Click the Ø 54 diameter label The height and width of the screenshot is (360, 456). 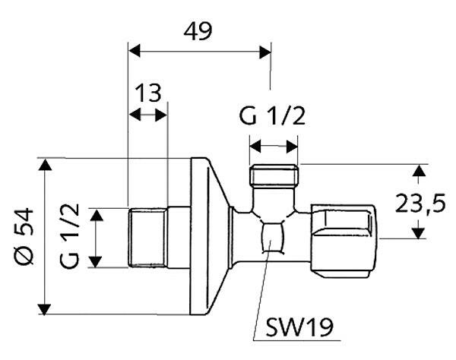(25, 235)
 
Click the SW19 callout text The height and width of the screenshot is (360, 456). (299, 327)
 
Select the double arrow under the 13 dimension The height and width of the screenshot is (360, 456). (148, 115)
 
